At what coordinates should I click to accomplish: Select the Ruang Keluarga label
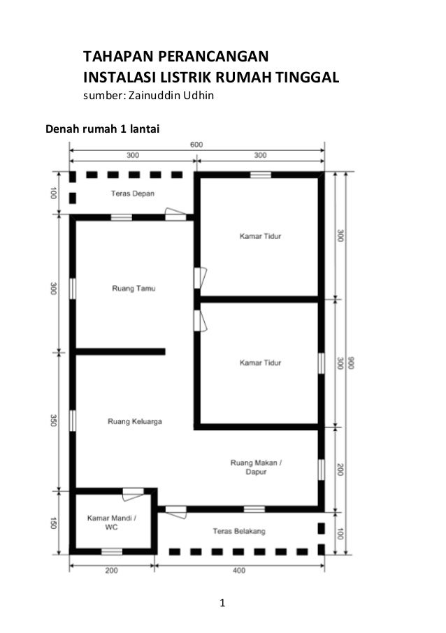click(135, 422)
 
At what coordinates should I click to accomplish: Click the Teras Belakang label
click(239, 532)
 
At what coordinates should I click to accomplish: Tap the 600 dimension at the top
click(196, 144)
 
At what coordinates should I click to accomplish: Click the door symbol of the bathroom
click(131, 494)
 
